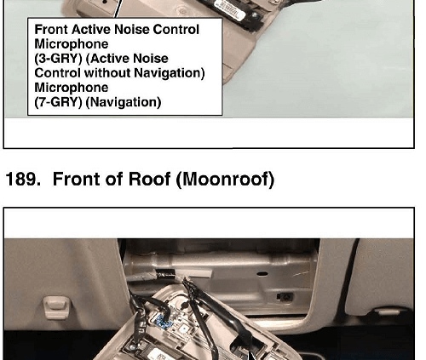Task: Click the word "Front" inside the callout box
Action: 51,30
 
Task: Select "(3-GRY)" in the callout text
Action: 58,59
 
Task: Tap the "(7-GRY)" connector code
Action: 58,102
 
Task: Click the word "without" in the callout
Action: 107,73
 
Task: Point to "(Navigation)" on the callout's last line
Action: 124,102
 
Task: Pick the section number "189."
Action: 23,180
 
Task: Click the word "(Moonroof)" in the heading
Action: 225,180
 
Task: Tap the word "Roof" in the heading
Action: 149,180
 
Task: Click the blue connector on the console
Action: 163,321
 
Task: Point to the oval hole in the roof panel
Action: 262,274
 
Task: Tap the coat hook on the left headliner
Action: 56,307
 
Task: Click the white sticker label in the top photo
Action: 229,10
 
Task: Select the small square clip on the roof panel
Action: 285,297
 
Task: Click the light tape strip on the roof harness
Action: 198,274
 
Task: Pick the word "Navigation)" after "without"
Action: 169,73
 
